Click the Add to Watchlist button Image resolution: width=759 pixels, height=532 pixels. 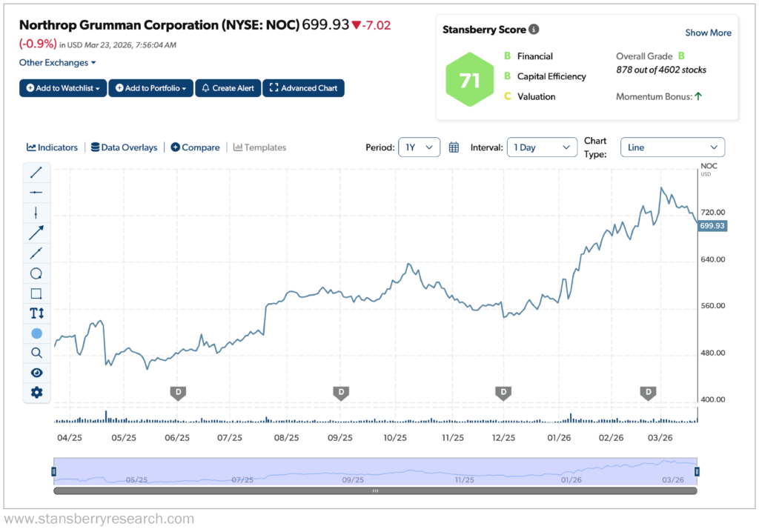click(63, 88)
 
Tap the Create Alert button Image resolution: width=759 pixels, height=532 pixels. click(228, 88)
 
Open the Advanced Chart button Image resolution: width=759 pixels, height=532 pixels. click(303, 88)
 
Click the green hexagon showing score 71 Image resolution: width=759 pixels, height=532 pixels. click(470, 80)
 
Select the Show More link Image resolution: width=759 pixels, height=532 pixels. click(708, 33)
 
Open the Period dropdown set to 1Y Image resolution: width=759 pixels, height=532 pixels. click(419, 147)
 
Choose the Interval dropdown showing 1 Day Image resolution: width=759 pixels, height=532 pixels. click(542, 147)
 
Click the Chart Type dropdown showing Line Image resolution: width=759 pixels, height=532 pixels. click(672, 147)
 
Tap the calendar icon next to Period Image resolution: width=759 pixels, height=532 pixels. click(454, 147)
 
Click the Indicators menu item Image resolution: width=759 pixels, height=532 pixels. click(52, 147)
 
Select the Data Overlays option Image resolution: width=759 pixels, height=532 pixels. click(124, 147)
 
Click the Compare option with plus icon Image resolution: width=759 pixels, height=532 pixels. click(195, 147)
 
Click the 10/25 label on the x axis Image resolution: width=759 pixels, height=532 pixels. click(395, 438)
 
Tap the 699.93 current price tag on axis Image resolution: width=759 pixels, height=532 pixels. click(712, 225)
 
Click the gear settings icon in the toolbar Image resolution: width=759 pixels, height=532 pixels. click(36, 393)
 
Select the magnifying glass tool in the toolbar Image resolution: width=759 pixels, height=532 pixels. click(36, 353)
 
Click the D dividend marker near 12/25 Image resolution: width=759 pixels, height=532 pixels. click(503, 392)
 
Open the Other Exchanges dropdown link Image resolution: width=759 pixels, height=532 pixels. click(58, 63)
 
